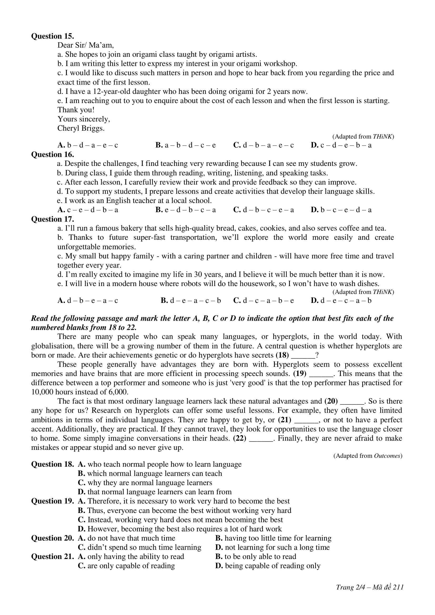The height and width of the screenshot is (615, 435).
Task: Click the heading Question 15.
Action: click(53, 36)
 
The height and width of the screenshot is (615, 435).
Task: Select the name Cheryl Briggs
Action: click(81, 128)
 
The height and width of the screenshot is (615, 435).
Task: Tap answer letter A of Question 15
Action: click(61, 145)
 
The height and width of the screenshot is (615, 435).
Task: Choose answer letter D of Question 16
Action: click(314, 210)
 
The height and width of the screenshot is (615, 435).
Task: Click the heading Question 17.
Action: click(53, 219)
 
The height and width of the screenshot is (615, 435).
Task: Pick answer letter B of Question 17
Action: click(164, 301)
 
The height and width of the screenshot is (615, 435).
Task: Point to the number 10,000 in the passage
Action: click(42, 392)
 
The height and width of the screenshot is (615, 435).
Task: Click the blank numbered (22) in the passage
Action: click(261, 439)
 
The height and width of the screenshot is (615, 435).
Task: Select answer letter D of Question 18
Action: click(82, 492)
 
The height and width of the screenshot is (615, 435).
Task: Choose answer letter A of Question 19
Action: click(82, 501)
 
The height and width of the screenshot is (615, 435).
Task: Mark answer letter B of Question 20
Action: click(219, 538)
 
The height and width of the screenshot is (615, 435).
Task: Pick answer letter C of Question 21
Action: click(82, 566)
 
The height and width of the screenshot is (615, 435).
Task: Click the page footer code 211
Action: click(398, 587)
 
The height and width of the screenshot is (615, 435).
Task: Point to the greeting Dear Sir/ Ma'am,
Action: click(85, 45)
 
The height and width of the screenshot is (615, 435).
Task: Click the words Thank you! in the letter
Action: click(76, 110)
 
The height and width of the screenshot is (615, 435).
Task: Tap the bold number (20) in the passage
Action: click(331, 401)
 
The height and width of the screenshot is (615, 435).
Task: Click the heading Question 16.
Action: click(53, 155)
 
